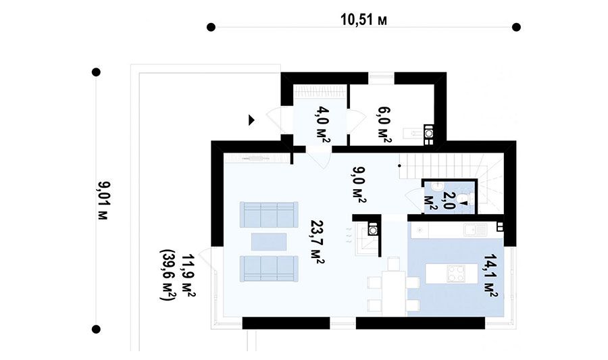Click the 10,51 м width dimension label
(x=363, y=20)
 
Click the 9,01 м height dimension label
(x=103, y=201)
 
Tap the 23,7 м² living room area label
(x=318, y=242)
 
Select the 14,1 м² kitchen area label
(x=490, y=276)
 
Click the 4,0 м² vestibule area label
(x=323, y=125)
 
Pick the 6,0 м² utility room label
(x=384, y=125)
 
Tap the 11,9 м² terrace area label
(x=188, y=276)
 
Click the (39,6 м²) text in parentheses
(x=168, y=274)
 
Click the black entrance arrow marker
(x=252, y=120)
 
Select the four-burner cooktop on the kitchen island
(x=457, y=273)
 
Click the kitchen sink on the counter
(x=475, y=230)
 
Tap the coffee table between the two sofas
(x=269, y=241)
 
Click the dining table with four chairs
(x=394, y=286)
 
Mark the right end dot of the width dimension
(x=516, y=27)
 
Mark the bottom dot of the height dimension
(x=96, y=329)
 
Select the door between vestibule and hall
(x=319, y=158)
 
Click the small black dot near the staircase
(x=399, y=165)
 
